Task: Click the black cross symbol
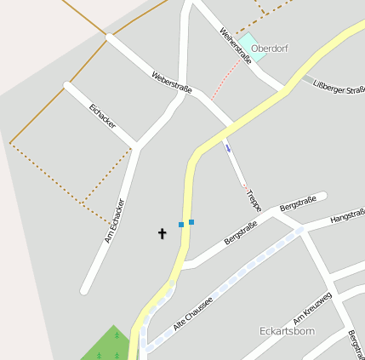(x=162, y=232)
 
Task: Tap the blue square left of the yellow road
(x=181, y=225)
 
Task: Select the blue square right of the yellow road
(x=191, y=222)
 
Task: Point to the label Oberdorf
(x=270, y=49)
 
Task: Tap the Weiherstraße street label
(x=236, y=45)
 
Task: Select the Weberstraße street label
(x=172, y=83)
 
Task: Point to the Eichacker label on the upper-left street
(x=101, y=117)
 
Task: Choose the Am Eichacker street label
(x=115, y=221)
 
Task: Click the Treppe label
(x=253, y=201)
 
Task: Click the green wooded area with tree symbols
(x=106, y=345)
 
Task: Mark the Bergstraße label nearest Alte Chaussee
(x=241, y=232)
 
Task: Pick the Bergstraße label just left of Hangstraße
(x=298, y=204)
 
